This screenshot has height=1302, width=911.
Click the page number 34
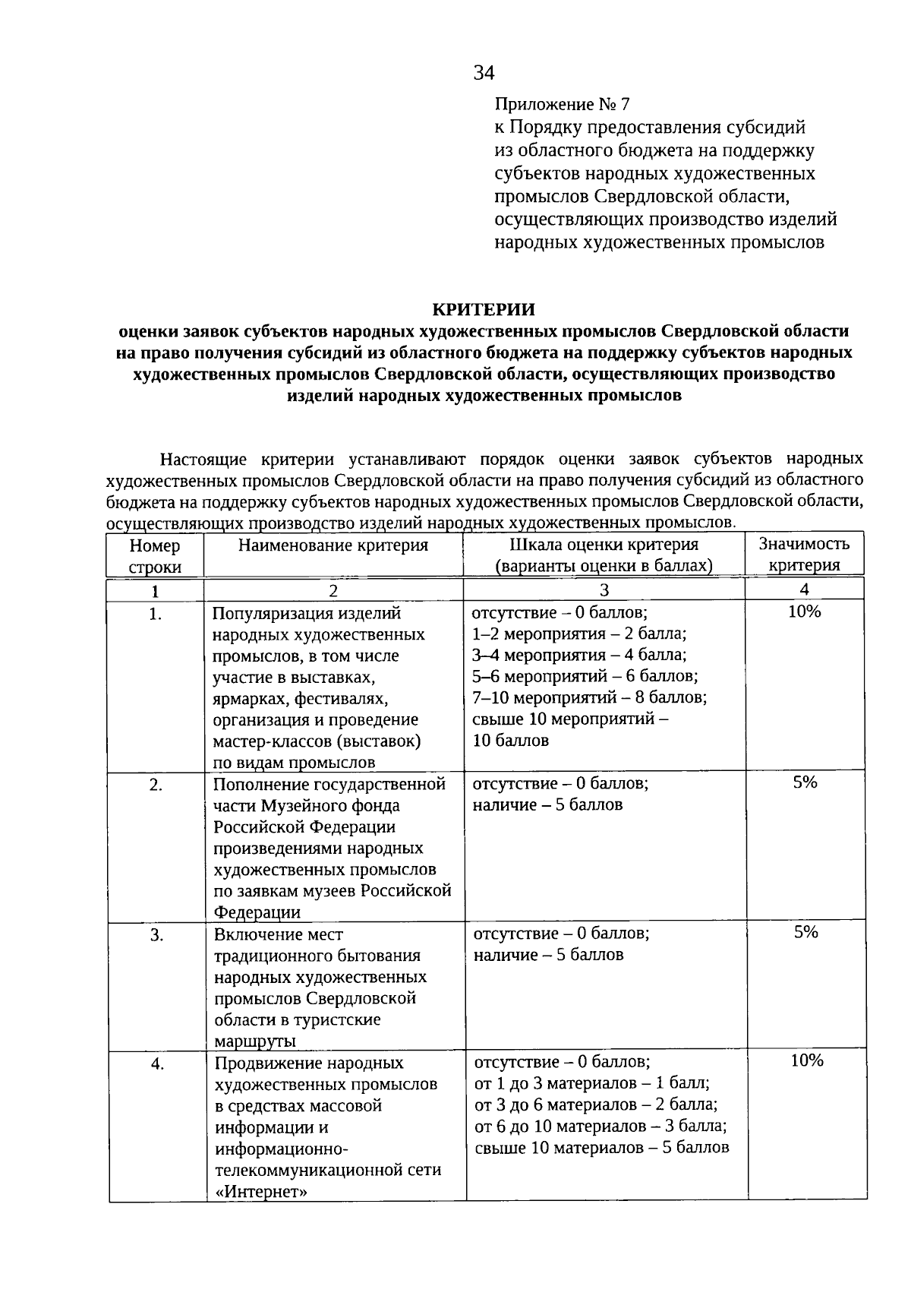click(x=484, y=73)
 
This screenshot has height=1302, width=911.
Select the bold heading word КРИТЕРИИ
click(x=484, y=309)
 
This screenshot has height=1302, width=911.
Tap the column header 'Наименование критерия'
click(x=333, y=545)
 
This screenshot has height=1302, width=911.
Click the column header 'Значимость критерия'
click(x=804, y=555)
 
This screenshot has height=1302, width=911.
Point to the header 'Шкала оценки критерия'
click(x=604, y=545)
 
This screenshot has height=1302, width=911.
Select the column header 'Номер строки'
click(x=155, y=556)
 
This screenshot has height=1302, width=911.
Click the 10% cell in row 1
click(x=804, y=611)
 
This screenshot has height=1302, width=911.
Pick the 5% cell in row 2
click(x=805, y=782)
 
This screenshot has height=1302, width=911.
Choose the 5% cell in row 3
click(x=805, y=932)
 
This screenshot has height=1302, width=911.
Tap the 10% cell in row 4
click(x=806, y=1060)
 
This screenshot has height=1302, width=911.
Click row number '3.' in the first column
click(x=156, y=936)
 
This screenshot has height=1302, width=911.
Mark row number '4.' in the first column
click(x=157, y=1064)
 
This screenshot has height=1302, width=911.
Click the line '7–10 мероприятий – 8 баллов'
click(x=589, y=697)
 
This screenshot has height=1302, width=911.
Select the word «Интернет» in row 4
click(x=261, y=1191)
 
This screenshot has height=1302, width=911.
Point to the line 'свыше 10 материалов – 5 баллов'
click(x=602, y=1148)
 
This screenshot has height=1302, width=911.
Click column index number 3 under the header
click(x=604, y=590)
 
